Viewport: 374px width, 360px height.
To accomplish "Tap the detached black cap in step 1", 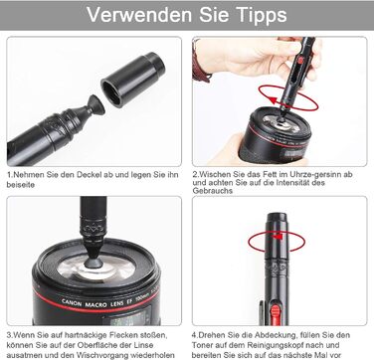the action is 133,80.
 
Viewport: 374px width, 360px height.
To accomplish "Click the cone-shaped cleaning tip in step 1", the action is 95,106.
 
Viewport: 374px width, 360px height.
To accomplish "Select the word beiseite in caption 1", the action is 21,185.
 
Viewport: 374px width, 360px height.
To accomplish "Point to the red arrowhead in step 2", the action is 273,100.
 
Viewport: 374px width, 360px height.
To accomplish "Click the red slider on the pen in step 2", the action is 300,61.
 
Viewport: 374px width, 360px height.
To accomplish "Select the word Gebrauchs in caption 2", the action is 213,191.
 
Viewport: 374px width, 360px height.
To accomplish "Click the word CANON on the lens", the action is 73,301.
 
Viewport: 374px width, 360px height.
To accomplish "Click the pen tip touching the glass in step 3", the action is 93,263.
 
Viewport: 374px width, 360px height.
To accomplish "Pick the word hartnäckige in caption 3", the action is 78,335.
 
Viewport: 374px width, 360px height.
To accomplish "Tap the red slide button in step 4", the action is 276,314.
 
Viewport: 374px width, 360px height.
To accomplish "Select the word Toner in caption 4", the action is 202,345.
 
